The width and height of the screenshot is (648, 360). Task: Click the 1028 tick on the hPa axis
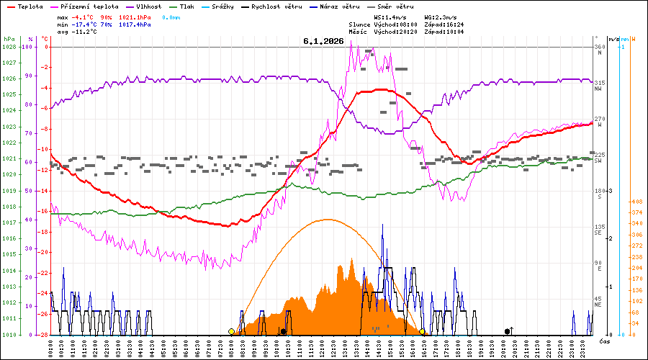coord(9,47)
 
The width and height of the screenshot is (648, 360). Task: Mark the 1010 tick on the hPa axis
coord(9,335)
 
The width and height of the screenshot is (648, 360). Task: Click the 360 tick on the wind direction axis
coord(599,47)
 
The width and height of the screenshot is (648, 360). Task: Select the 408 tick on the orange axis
coord(636,202)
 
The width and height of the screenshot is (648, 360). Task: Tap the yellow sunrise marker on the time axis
coord(231,332)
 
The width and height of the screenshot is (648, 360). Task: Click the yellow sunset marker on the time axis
coord(422,332)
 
